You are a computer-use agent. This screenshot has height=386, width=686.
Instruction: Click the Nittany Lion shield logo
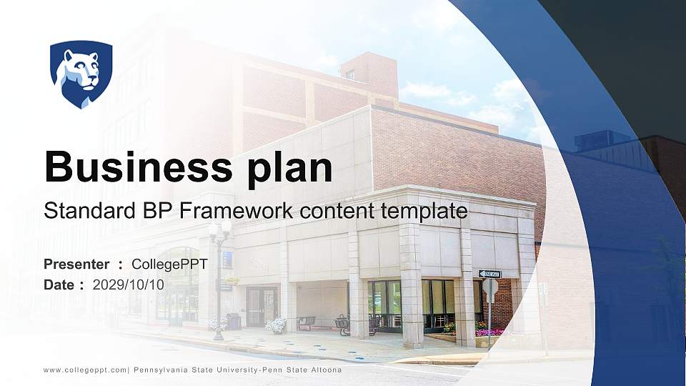coord(81,74)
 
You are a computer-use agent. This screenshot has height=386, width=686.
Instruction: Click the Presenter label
coord(76,264)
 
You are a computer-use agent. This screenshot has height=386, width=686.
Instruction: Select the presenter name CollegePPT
coord(169,264)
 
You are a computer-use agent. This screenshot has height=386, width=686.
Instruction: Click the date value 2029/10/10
coord(128,284)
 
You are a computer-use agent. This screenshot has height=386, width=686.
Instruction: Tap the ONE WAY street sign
coord(489,274)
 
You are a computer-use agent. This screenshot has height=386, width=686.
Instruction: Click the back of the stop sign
coord(489,287)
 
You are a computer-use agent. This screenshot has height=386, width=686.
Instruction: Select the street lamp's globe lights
coord(219,229)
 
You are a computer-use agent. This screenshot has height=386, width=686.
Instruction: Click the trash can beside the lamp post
coord(234,322)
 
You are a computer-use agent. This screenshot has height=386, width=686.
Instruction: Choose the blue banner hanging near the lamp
coord(227,259)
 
